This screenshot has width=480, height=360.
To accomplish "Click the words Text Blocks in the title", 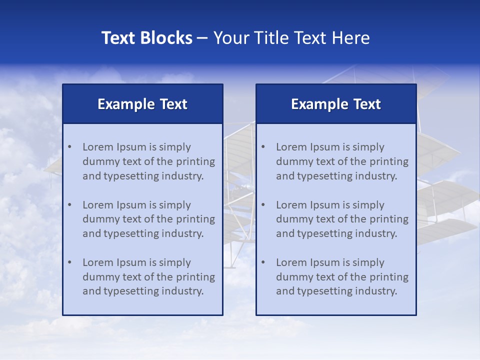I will tap(146, 38).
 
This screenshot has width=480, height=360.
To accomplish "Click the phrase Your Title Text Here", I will tap(291, 38).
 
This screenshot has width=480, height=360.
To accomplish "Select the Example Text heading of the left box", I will tap(142, 104).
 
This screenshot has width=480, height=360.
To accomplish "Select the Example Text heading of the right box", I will tap(336, 104).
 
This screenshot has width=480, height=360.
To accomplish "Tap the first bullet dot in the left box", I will tap(69, 147).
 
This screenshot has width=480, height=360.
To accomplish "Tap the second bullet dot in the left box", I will tap(69, 205).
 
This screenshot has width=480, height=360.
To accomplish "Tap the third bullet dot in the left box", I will tap(69, 262).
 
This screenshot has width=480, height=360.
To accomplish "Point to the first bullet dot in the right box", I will tap(263, 147).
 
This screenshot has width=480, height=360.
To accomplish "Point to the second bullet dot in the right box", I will tap(263, 205).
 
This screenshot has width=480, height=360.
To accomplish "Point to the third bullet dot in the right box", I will tap(263, 262).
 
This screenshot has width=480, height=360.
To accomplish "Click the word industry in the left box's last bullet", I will tap(184, 291).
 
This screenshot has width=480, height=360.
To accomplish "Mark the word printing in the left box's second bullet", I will tap(195, 219).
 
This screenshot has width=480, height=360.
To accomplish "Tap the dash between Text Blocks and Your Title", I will tap(202, 38).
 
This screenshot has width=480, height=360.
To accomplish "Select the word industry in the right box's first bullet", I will tap(378, 176).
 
